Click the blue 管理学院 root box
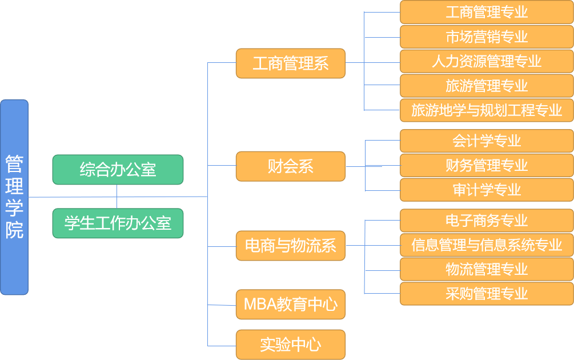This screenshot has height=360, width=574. pos(14,197)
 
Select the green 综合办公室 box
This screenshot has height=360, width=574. pos(118,170)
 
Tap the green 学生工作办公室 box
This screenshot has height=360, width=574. pos(118,223)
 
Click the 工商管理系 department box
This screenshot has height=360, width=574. pos(291,63)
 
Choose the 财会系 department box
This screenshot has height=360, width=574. pos(291,166)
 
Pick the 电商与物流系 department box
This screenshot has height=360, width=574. pos(291,246)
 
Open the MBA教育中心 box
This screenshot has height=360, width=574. pos(291,304)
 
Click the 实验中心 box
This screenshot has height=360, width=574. pos(291,345)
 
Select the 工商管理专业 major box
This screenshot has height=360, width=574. pos(487,12)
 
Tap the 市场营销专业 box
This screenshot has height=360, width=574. pos(487,37)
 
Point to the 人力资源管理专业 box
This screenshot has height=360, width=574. pos(487,61)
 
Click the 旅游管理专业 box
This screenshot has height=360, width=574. pos(487,86)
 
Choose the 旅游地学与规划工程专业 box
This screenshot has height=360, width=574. pos(487,110)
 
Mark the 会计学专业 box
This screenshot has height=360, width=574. pos(487,141)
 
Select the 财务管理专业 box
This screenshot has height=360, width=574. pos(487,165)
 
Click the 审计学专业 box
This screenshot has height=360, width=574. pos(487,190)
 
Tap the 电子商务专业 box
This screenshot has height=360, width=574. pos(487,220)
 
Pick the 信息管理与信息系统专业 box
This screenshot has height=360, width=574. pos(487,245)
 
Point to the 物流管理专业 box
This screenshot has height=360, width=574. pos(487,269)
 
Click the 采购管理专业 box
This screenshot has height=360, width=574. pos(487,294)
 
